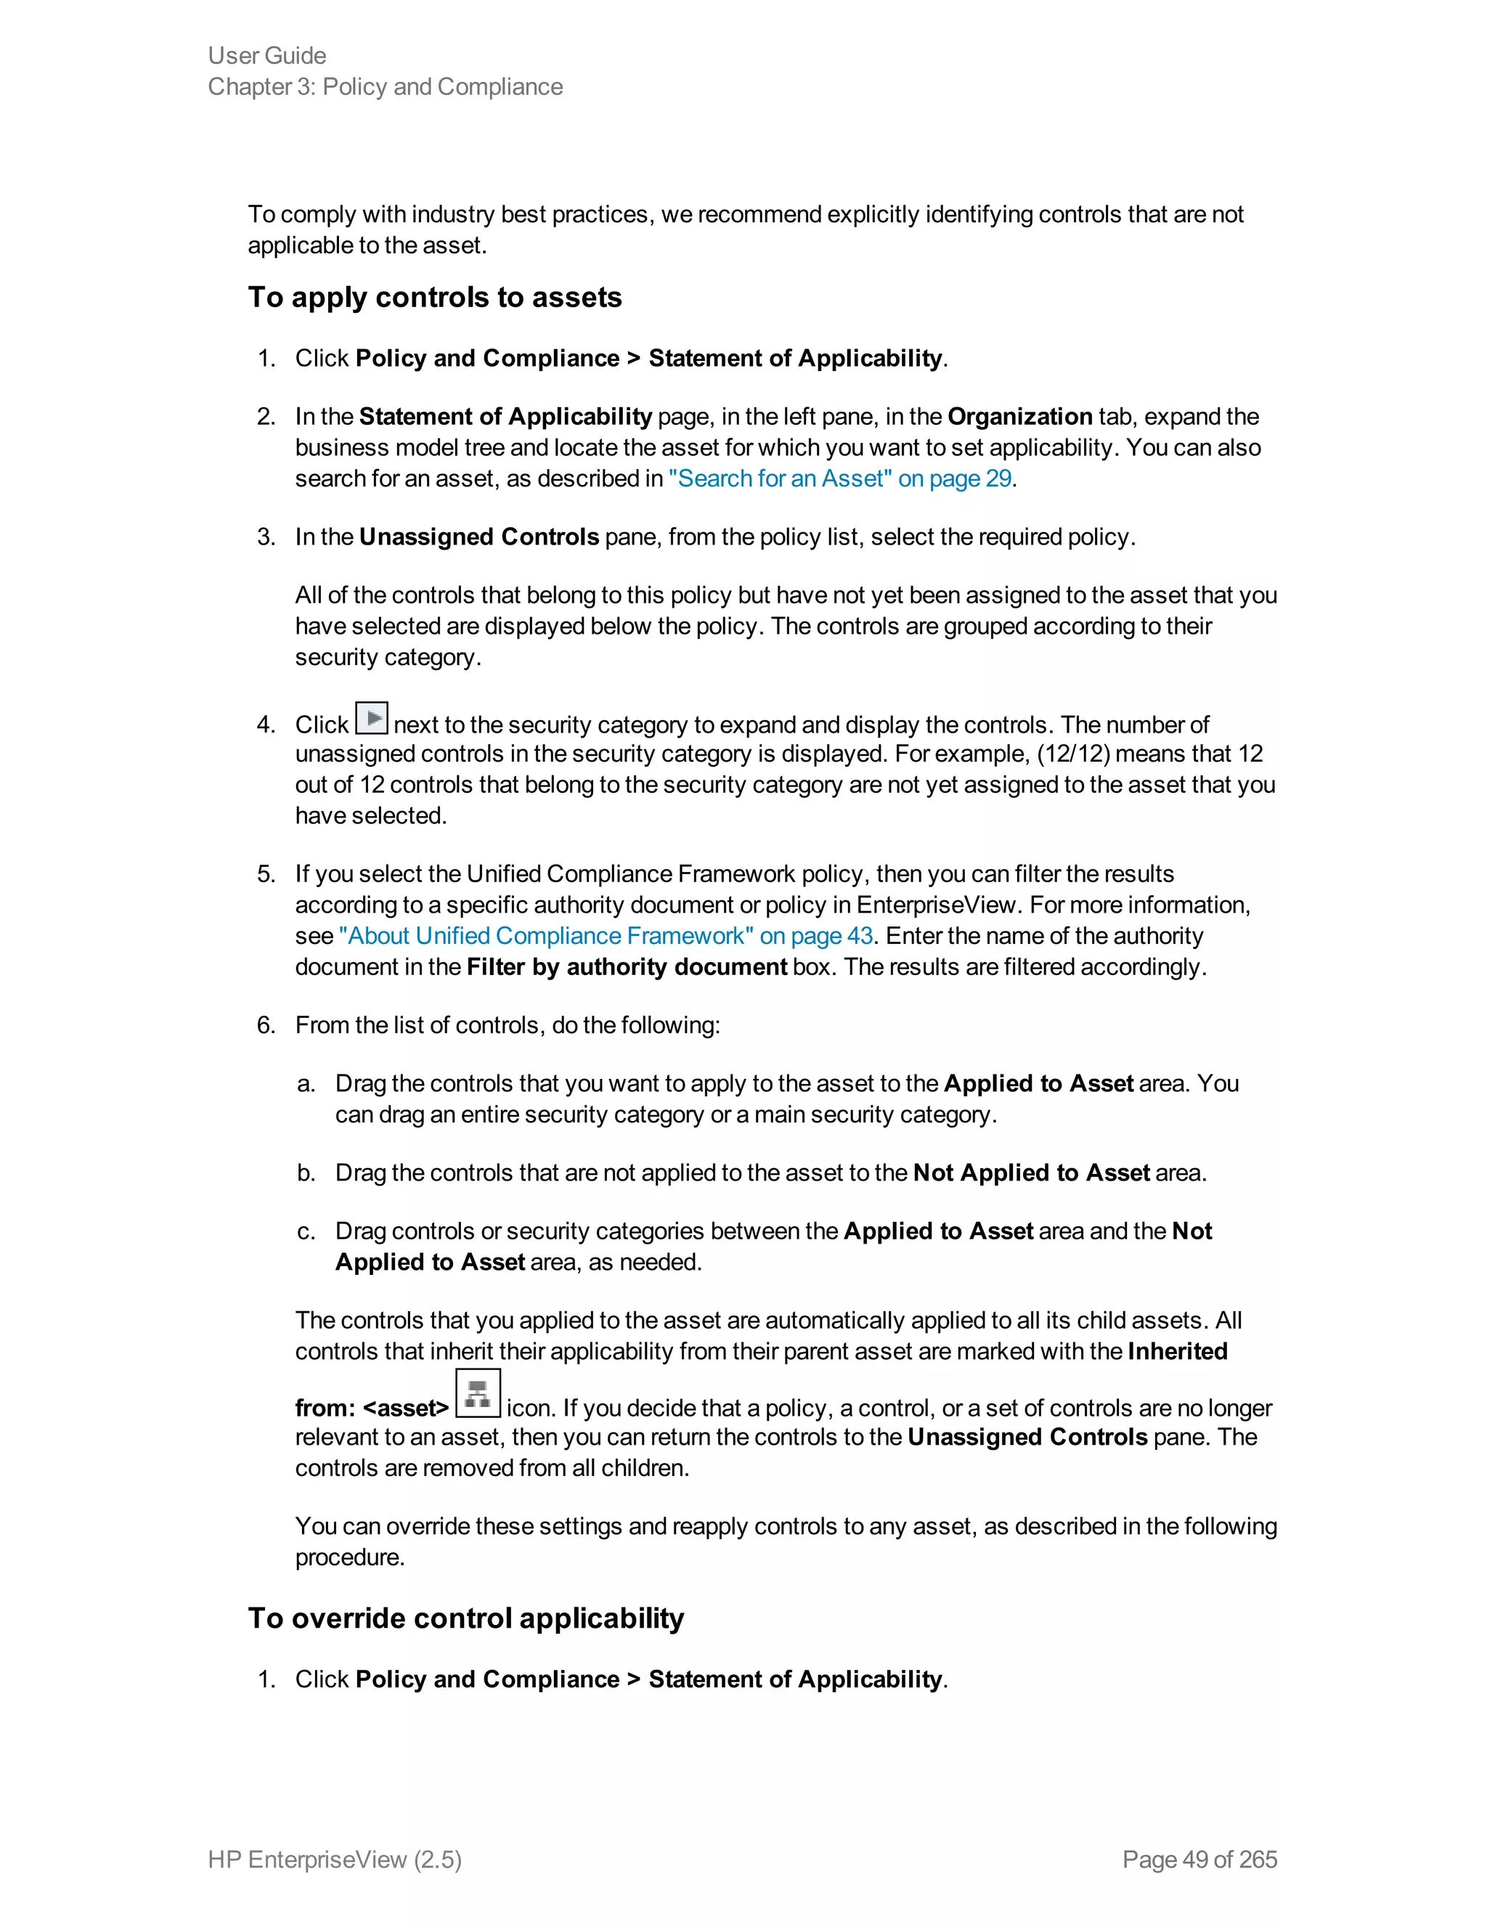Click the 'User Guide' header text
[x=267, y=55]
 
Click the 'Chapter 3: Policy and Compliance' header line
[x=385, y=86]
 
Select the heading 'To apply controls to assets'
[x=434, y=298]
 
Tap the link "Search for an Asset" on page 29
[x=839, y=478]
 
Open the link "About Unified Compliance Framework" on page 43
[x=606, y=936]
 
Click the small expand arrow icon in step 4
[x=371, y=718]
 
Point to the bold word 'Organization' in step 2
[x=1019, y=417]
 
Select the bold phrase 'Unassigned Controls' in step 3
[x=478, y=537]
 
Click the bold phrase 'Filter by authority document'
[x=627, y=966]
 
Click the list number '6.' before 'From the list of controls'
[x=266, y=1024]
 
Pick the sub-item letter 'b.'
[x=306, y=1173]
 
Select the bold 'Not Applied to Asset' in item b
[x=1031, y=1173]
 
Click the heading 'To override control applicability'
[x=465, y=1618]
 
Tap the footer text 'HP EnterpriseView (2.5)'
[x=335, y=1859]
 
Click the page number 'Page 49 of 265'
[x=1199, y=1859]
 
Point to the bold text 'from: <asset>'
[x=372, y=1409]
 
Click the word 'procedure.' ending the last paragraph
[x=350, y=1557]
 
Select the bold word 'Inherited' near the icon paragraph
[x=1177, y=1351]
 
